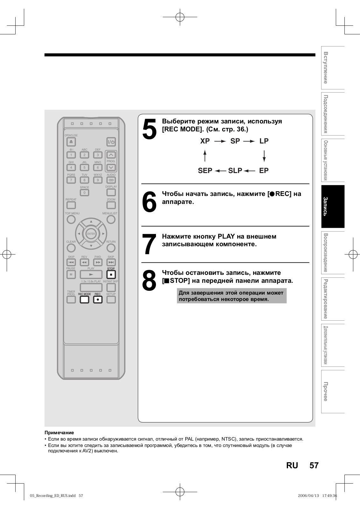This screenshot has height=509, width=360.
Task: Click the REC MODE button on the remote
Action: tap(84, 300)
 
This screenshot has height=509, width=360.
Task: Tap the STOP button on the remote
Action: tap(111, 274)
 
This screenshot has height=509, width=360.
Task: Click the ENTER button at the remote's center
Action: tap(91, 234)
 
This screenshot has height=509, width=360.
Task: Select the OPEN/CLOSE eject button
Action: tap(71, 142)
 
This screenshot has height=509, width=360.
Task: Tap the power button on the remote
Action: tap(111, 142)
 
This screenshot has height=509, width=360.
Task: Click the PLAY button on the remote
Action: tap(91, 274)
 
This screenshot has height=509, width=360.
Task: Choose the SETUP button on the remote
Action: tap(111, 299)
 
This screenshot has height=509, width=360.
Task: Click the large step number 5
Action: tap(149, 129)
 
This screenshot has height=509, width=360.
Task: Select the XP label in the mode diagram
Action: tap(205, 141)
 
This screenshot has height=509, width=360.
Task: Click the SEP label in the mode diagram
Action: tap(205, 171)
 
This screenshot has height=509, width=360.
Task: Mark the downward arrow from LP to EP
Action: tap(264, 156)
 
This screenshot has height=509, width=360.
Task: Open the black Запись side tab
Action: tap(333, 206)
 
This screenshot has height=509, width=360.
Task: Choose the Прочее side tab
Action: tap(333, 391)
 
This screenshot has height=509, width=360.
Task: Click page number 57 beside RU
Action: tap(314, 465)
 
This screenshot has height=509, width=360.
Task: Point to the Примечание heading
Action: tap(59, 433)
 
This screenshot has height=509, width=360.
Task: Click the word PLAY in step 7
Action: tap(226, 236)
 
